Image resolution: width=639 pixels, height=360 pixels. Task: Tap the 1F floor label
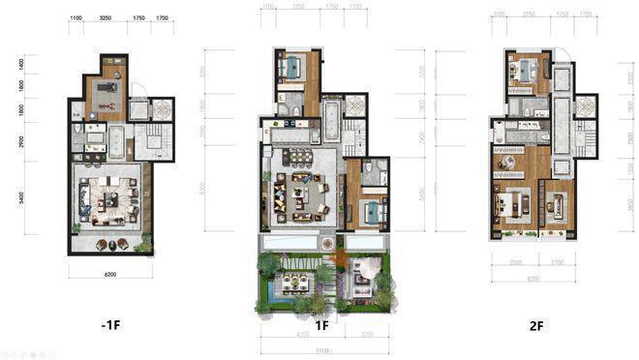(x=321, y=326)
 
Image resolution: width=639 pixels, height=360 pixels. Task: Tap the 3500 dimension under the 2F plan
(x=514, y=262)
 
